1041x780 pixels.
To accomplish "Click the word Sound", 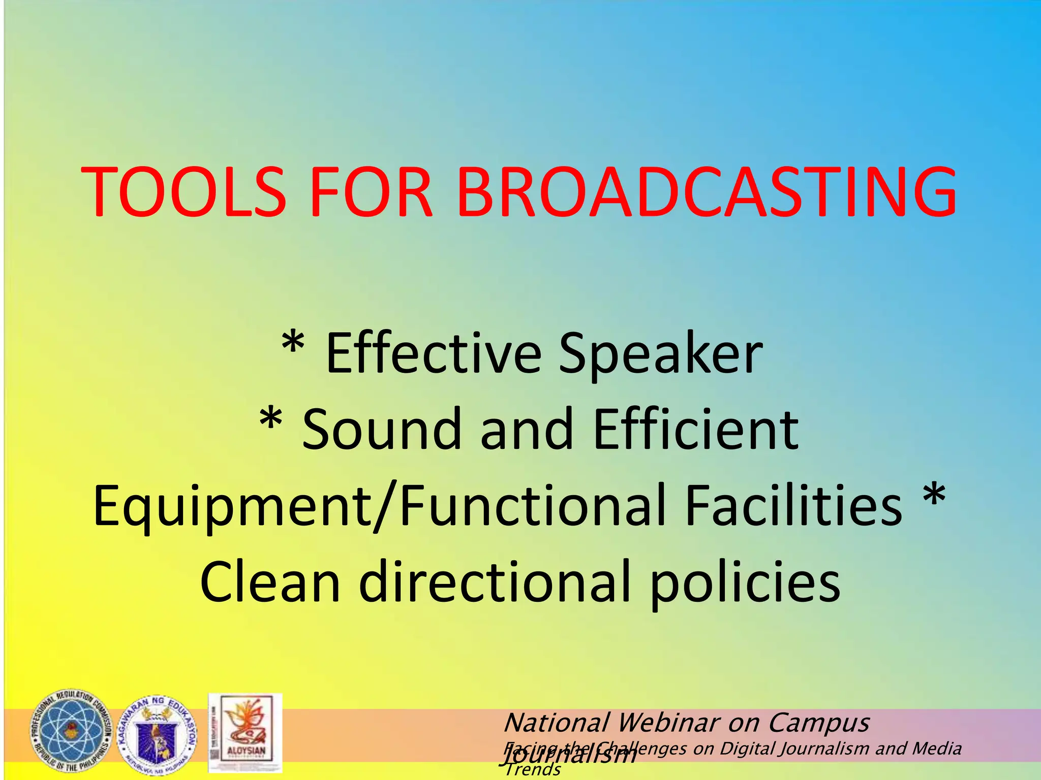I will coord(381,430).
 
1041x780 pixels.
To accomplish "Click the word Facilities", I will coord(793,506).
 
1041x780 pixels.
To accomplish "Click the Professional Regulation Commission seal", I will coord(71,731).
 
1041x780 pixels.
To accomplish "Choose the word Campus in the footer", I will coord(818,723).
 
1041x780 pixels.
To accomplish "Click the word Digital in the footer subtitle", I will coord(748,749).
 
